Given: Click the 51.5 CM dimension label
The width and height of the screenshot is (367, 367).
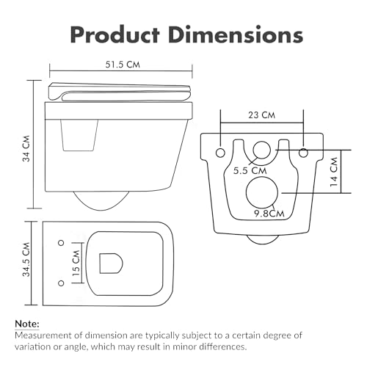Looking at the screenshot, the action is tap(123, 65).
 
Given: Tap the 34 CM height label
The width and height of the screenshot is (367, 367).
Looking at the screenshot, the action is tap(26, 148).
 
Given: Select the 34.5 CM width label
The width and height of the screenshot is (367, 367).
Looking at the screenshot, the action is tap(26, 260).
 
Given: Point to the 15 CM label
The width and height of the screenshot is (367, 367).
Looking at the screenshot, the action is tap(76, 263).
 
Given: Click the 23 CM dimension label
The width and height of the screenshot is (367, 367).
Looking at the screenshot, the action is tap(261, 115).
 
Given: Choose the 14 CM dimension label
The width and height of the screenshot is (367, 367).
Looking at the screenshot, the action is tap(334, 172).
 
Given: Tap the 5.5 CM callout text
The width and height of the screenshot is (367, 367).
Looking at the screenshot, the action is tap(250, 170).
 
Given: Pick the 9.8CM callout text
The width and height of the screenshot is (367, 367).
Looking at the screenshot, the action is tap(269, 214).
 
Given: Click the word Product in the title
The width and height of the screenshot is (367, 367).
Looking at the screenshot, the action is tap(115, 34).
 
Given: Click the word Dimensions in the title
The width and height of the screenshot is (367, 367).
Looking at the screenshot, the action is tap(236, 34).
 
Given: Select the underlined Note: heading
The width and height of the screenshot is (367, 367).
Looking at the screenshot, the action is tap(27, 324).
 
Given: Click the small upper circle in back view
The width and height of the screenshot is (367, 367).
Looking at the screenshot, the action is tap(261, 150).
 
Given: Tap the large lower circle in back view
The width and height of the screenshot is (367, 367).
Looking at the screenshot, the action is tap(262, 192).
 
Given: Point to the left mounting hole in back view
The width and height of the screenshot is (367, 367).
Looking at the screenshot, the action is tap(220, 153).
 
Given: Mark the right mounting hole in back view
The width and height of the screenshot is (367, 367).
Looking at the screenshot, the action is tap(303, 153).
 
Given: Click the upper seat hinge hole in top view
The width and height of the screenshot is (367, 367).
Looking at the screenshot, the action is tap(61, 243).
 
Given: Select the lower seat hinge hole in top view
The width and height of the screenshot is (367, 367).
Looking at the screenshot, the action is tap(61, 283).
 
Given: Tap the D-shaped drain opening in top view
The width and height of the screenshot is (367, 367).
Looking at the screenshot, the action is tap(111, 264).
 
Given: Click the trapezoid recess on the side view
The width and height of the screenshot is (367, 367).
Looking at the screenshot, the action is tap(79, 135).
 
